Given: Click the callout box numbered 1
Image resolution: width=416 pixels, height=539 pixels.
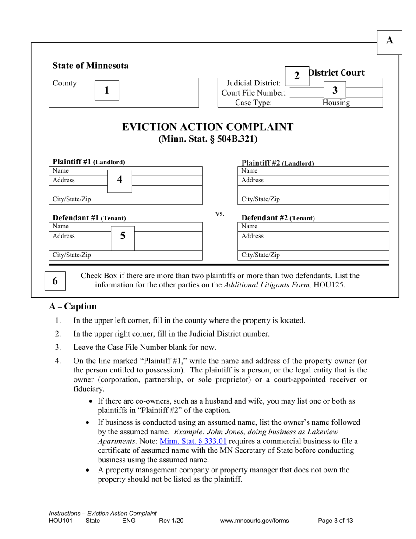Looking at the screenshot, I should pos(106,90).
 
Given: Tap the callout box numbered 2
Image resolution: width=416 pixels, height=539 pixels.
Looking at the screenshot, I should pos(297,76).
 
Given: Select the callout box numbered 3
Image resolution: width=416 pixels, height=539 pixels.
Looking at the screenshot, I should pos(335,91).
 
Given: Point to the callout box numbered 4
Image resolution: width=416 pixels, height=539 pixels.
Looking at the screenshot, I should pos(120,180).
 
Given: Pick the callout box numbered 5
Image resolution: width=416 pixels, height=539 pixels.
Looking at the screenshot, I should pos(123,236).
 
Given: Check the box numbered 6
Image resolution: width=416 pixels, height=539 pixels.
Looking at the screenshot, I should pos(55,281).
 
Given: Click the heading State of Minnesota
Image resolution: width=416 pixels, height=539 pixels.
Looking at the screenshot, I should pos(91,66).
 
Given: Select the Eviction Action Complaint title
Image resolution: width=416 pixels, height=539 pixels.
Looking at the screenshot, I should pos(208,127).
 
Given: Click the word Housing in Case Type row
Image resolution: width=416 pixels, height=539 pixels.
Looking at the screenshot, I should pos(336,103).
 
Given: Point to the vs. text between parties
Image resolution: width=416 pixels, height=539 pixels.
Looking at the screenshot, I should pos(220,213).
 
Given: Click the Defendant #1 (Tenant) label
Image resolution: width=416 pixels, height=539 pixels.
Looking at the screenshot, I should pos(89,218).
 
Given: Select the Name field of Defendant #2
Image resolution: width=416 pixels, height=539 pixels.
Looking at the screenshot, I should pos(313,227).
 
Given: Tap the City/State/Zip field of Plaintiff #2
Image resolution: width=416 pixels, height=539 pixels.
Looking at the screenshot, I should pos(313,199).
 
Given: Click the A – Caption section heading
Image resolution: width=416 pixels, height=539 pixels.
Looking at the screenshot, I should pos(73,306).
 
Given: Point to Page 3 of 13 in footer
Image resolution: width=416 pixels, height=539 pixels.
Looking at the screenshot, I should pos(335,521).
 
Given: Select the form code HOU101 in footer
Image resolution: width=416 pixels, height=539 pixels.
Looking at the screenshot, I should pos(60,521).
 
